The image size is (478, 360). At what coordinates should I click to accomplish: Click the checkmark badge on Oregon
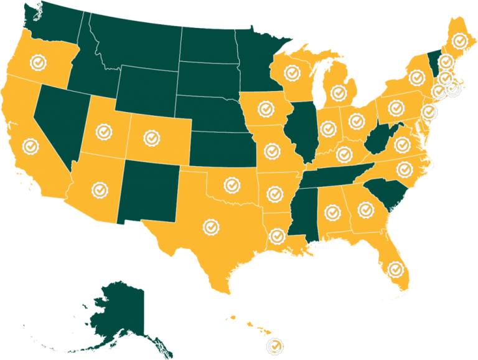(x=39, y=62)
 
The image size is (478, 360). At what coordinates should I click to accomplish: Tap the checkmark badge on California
(x=30, y=146)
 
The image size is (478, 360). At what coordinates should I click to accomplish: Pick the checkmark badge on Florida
(x=395, y=270)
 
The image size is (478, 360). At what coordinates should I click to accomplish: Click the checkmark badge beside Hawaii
(x=274, y=346)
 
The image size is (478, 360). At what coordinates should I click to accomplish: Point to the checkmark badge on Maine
(x=460, y=41)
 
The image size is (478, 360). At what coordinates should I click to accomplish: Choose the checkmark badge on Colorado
(x=151, y=137)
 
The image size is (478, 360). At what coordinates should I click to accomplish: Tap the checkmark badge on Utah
(x=103, y=132)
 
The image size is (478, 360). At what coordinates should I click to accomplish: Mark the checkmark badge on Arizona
(x=98, y=188)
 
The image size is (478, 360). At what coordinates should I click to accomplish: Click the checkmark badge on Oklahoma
(x=232, y=184)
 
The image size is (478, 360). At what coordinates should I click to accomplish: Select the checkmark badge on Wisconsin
(x=292, y=72)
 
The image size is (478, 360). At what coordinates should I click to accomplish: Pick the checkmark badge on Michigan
(x=339, y=93)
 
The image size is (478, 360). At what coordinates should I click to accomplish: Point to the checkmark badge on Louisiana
(x=277, y=236)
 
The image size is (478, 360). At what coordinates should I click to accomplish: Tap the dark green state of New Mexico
(x=150, y=190)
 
